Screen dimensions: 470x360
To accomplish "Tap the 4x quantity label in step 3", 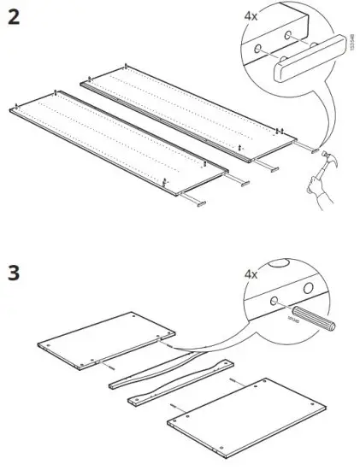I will pos(251,274).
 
